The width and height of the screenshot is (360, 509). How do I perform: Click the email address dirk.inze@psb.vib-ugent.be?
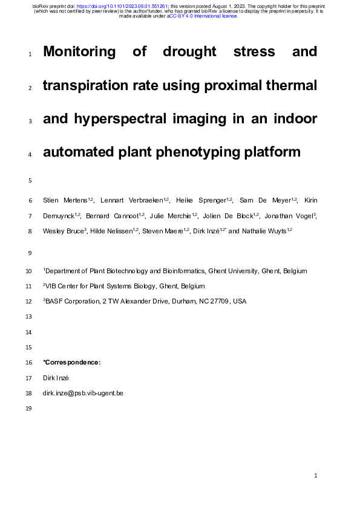pyautogui.click(x=83, y=393)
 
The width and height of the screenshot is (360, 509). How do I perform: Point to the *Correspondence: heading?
pyautogui.click(x=71, y=362)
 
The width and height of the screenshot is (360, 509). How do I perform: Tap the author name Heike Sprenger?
pyautogui.click(x=202, y=200)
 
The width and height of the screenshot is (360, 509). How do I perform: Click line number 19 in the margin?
pyautogui.click(x=30, y=409)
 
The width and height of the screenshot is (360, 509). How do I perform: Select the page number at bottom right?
pyautogui.click(x=316, y=476)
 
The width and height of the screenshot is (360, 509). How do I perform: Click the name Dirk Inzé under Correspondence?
pyautogui.click(x=56, y=378)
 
